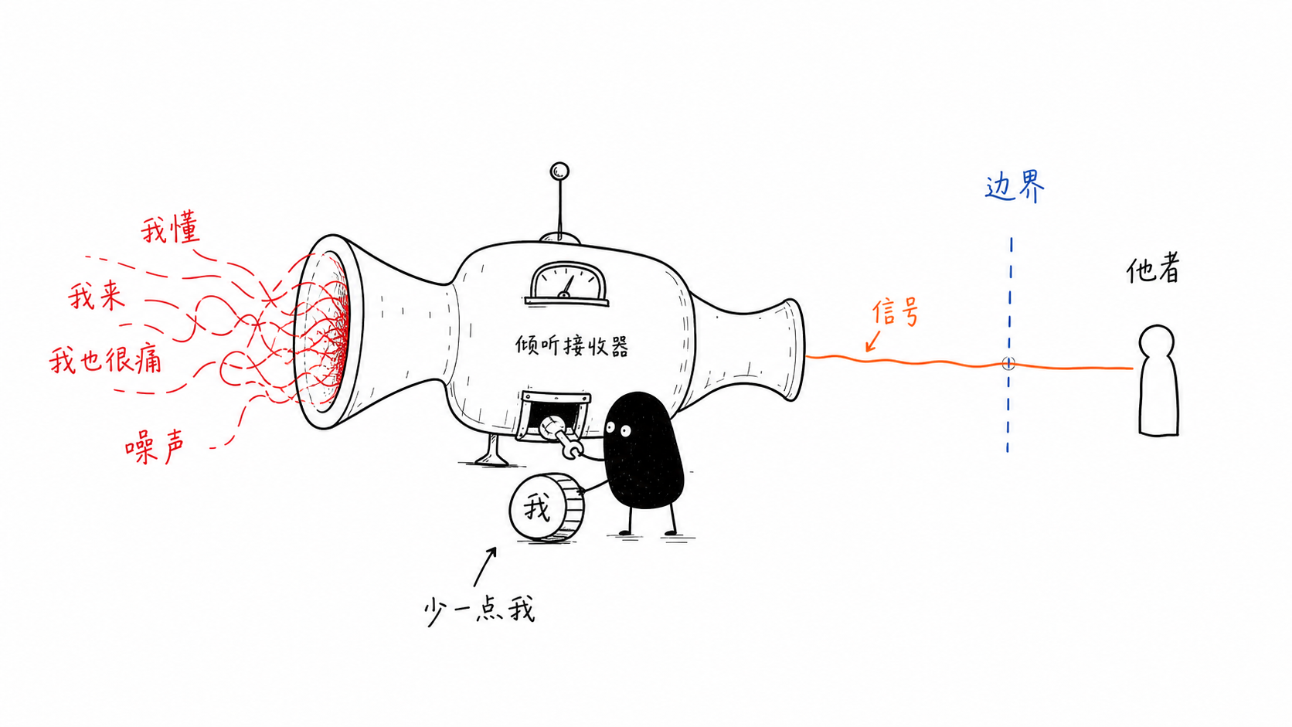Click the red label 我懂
pyautogui.click(x=171, y=229)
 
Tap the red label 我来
pyautogui.click(x=97, y=297)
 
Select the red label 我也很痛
pyautogui.click(x=106, y=360)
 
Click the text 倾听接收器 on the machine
pyautogui.click(x=572, y=346)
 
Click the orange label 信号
pyautogui.click(x=895, y=312)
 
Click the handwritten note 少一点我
pyautogui.click(x=480, y=610)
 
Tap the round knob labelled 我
pyautogui.click(x=546, y=508)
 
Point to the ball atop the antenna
pyautogui.click(x=559, y=172)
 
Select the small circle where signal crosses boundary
pyautogui.click(x=1008, y=363)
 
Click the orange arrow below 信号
pyautogui.click(x=873, y=340)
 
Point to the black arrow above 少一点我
pyautogui.click(x=484, y=567)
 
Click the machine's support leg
pyautogui.click(x=491, y=449)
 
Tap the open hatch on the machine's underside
pyautogui.click(x=555, y=415)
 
